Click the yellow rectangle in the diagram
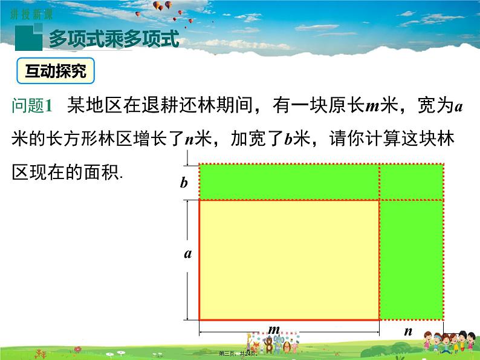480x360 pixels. point(289,259)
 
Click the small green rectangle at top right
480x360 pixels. point(411,182)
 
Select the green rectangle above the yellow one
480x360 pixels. point(289,182)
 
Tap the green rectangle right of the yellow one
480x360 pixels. point(411,259)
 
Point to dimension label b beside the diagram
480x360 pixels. point(184,183)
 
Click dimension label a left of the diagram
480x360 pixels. point(188,254)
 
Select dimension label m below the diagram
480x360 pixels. point(274,329)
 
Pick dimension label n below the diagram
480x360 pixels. point(408,331)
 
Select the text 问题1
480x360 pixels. point(33,106)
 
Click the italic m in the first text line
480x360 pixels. point(371,106)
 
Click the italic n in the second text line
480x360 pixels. point(189,139)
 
